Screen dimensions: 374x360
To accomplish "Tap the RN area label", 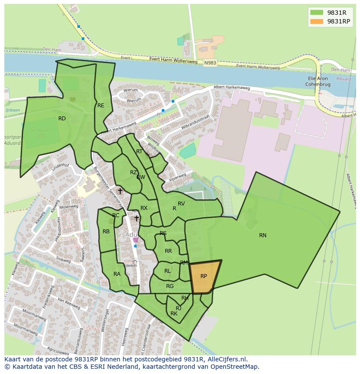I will (263, 235).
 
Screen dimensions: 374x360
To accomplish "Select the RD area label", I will (62, 119).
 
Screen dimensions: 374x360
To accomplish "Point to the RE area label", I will (100, 106).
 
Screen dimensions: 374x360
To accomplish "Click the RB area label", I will (106, 232).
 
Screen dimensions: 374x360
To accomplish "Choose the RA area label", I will (117, 274).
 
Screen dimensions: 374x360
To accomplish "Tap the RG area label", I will (170, 286).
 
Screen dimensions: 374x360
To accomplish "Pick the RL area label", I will (167, 271).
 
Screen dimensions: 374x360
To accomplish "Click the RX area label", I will (144, 208).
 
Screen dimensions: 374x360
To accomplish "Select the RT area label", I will (139, 152).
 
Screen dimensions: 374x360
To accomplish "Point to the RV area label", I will (181, 204).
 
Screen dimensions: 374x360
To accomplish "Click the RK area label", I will (174, 314).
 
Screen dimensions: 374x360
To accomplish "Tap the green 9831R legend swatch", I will (317, 13).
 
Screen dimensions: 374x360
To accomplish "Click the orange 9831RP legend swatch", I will (317, 21).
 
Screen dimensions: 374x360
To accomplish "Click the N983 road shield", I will (210, 63).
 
